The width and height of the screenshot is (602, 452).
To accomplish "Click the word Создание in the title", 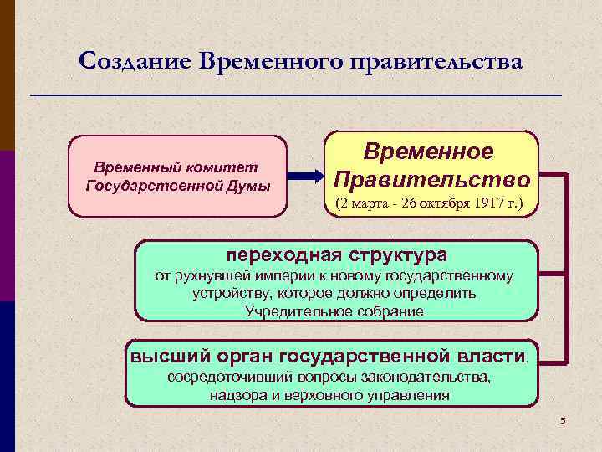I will click(x=134, y=61).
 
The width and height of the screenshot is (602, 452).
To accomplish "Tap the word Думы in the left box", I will click(x=253, y=185).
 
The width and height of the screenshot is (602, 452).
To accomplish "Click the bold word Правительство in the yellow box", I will click(x=431, y=179).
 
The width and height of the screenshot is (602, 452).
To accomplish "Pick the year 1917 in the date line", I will click(x=486, y=203).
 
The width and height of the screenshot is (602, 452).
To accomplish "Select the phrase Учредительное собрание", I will click(x=334, y=311).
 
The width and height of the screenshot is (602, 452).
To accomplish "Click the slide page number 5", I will click(x=563, y=420).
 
